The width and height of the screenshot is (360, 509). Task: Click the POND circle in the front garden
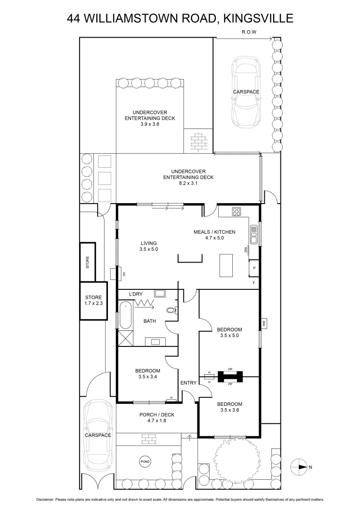tap(145, 462)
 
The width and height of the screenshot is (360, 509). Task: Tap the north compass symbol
tap(299, 467)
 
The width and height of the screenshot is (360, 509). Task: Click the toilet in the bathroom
tap(173, 310)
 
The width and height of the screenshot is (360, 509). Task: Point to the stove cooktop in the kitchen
tap(237, 212)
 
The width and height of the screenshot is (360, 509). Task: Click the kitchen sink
tap(254, 235)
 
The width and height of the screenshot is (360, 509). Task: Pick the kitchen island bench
tap(227, 266)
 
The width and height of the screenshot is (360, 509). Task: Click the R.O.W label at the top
tap(248, 33)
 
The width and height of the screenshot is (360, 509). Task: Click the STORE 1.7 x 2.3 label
tap(93, 301)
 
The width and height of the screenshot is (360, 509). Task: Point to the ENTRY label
tap(188, 383)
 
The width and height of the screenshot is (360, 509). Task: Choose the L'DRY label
tap(136, 294)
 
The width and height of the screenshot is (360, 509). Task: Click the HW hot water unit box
tap(264, 323)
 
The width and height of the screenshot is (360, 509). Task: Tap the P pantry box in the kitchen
tap(254, 268)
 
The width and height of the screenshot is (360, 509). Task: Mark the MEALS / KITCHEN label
tap(214, 232)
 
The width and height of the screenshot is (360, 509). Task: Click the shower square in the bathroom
tap(125, 337)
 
